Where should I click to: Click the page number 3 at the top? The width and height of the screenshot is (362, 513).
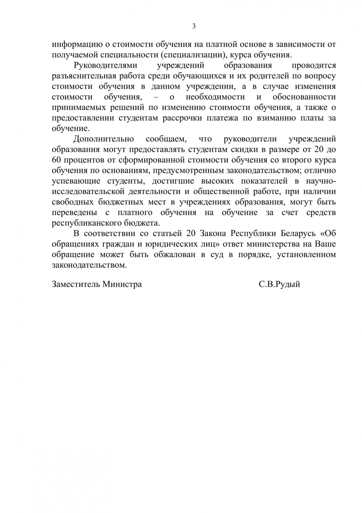194,26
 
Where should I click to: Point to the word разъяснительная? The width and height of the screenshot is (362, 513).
84,76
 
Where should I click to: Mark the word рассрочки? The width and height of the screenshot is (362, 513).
185,118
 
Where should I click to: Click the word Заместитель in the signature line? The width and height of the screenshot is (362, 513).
76,285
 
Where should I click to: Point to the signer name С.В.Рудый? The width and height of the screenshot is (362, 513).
279,285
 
